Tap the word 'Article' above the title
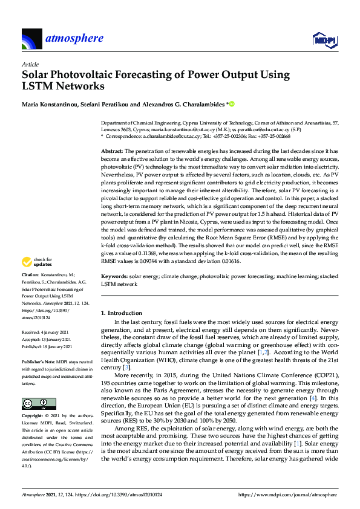[30, 64]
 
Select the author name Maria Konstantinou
[51, 105]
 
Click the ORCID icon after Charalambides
[231, 105]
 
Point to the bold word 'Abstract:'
[112, 150]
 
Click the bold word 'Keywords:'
[114, 276]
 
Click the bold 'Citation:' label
[31, 274]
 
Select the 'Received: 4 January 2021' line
[46, 332]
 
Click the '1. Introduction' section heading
[121, 313]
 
